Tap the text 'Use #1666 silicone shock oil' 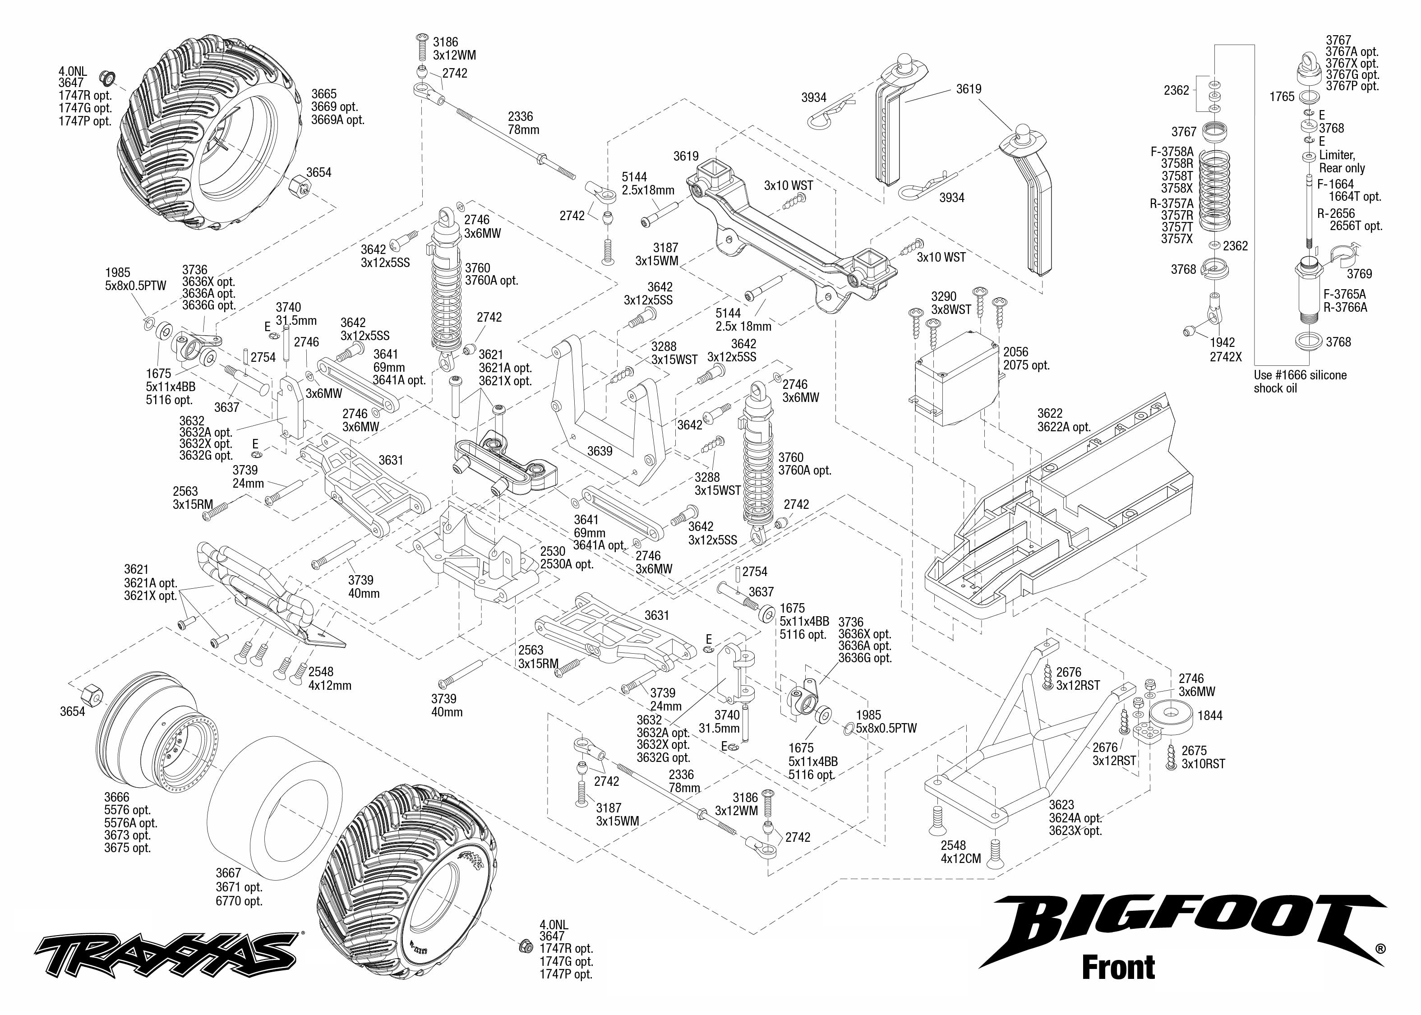tap(1300, 381)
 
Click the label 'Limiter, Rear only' tap(1341, 161)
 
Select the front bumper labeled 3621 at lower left tap(263, 591)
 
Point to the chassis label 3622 tap(1050, 413)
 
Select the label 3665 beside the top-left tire tap(324, 94)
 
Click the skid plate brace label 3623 tap(1061, 805)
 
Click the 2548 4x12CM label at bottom tap(960, 852)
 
